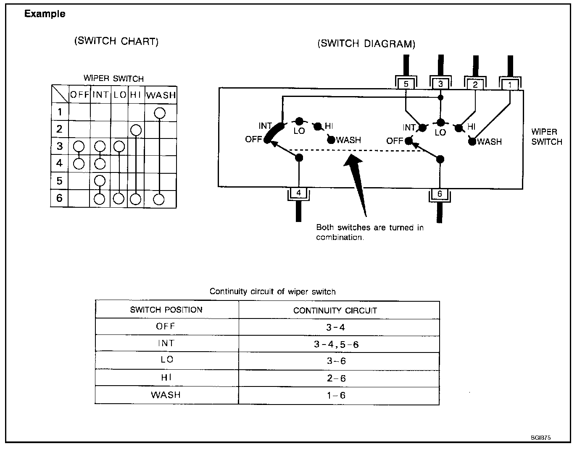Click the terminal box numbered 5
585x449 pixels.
pos(406,84)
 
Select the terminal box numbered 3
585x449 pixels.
pos(440,84)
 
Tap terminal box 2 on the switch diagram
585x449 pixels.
pos(475,84)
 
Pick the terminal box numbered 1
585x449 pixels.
pos(510,85)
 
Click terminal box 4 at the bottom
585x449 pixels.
pos(299,193)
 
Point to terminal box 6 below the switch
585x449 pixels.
pos(440,194)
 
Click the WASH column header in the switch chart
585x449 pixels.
pos(161,95)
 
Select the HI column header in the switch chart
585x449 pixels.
pos(135,95)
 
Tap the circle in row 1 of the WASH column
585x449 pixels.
pos(160,112)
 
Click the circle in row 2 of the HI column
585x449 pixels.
pos(135,130)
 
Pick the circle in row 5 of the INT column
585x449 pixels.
pos(100,181)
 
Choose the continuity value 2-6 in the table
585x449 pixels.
pos(336,378)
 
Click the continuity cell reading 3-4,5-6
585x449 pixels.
pos(336,345)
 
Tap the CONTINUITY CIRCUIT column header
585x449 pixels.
pos(335,311)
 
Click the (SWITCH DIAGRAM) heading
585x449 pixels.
pos(366,44)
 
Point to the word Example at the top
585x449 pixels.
pos(45,14)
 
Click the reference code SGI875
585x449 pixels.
pos(540,437)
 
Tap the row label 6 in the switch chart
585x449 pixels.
pos(59,198)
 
